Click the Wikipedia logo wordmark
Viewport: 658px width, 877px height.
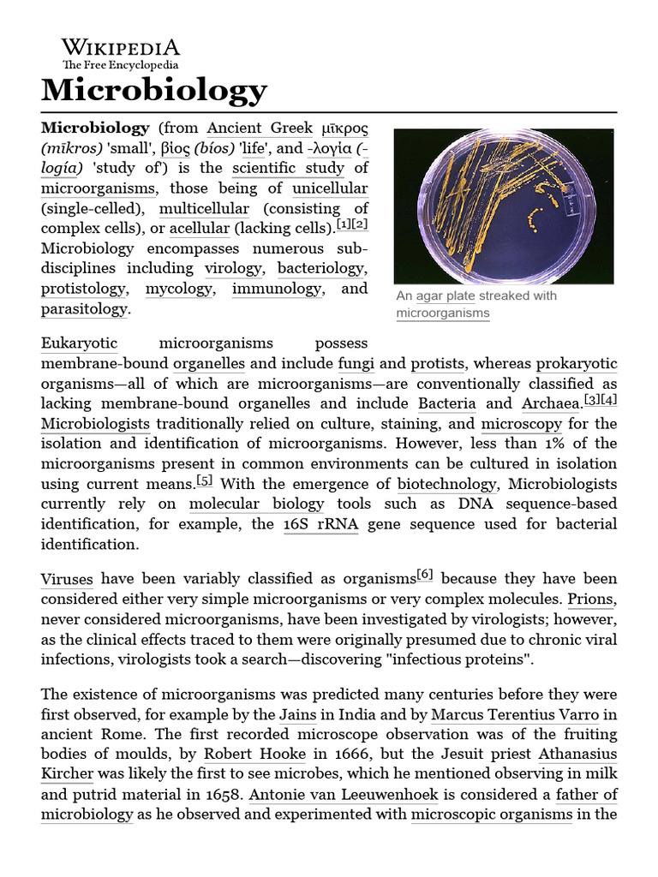(x=120, y=48)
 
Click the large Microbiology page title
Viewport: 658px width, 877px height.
(x=154, y=89)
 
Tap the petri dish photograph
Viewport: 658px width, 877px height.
(x=503, y=206)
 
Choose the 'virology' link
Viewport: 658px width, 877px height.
(x=233, y=268)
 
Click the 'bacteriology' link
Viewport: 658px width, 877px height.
(x=321, y=268)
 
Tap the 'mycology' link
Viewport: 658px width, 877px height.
(x=178, y=289)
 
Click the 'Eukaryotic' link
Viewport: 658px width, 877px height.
(x=79, y=343)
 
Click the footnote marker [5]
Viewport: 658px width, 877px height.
(x=205, y=480)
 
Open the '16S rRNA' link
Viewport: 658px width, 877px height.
(x=320, y=524)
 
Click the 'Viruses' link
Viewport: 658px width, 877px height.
(x=67, y=579)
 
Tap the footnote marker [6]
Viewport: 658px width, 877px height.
(x=424, y=575)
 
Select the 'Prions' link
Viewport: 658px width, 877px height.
(x=593, y=599)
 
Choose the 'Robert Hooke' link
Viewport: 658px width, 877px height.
(x=254, y=755)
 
